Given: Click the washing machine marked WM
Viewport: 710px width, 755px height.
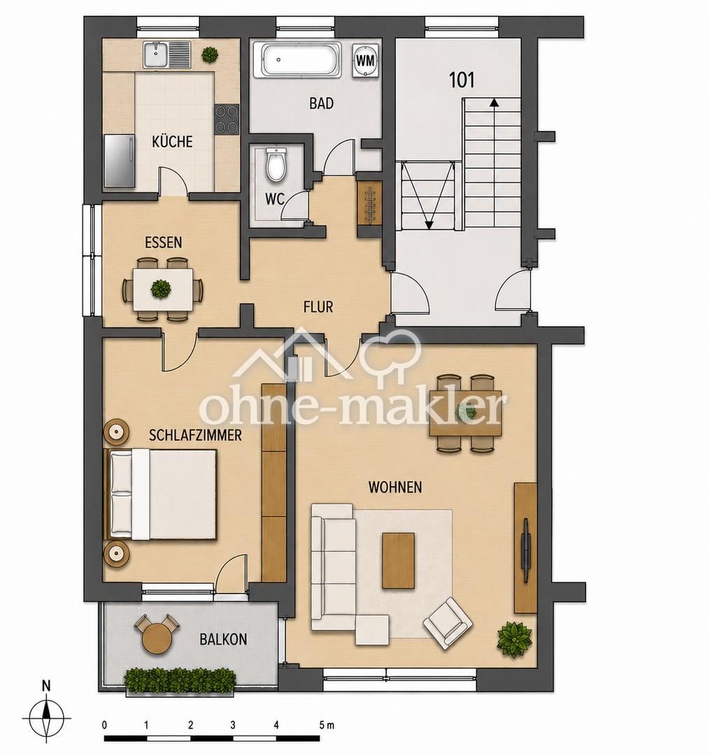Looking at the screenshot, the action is [x=367, y=60].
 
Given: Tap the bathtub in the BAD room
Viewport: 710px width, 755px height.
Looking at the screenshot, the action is [x=301, y=59].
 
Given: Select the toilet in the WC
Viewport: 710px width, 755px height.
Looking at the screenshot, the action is [x=276, y=165].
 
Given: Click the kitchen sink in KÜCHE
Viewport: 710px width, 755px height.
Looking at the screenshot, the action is [x=167, y=55].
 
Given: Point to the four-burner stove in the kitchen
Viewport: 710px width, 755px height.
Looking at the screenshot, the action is [x=227, y=119].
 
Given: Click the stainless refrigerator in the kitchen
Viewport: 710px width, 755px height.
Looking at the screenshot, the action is [x=120, y=161].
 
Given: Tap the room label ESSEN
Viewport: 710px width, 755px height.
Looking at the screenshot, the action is [x=164, y=242].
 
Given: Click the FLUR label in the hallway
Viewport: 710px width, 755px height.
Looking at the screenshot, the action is [x=318, y=307].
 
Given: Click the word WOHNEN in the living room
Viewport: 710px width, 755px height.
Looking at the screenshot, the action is [x=395, y=487].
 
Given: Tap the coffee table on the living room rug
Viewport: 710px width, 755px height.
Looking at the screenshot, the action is [x=398, y=561].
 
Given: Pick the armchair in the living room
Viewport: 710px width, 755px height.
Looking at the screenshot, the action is [x=448, y=623].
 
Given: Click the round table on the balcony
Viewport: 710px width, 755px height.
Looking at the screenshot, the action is [x=157, y=638].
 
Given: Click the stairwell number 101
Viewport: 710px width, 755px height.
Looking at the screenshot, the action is [x=462, y=80].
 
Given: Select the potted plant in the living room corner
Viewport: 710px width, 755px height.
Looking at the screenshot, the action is [x=515, y=639].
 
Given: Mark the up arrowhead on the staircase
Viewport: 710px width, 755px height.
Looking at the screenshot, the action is [x=494, y=102].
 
